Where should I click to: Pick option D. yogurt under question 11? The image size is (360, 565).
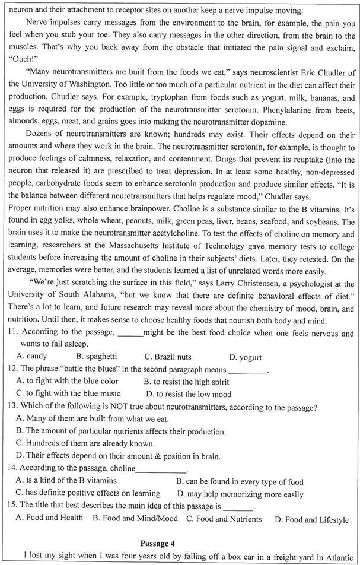pyautogui.click(x=246, y=357)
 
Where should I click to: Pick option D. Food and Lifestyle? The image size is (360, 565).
pyautogui.click(x=311, y=519)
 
